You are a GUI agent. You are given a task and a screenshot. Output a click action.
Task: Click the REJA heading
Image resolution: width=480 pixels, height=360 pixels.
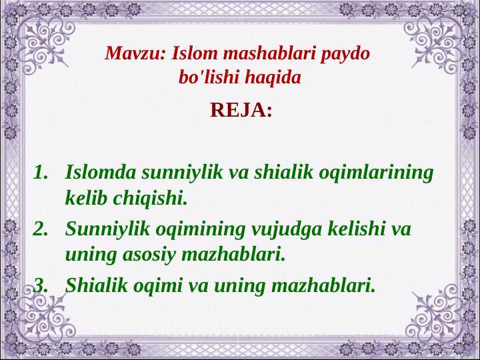[x=241, y=110]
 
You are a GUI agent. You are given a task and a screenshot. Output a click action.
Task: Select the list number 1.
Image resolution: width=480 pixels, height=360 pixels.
[x=41, y=172]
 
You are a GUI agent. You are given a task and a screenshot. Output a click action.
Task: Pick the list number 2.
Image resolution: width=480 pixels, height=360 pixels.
[x=41, y=229]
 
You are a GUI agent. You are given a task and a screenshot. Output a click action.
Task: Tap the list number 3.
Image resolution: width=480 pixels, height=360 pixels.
[x=41, y=285]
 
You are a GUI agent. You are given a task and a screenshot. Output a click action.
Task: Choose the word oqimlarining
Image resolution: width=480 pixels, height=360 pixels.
[x=376, y=173]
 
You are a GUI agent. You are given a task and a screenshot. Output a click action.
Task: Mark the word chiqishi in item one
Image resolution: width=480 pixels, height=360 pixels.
[x=150, y=199]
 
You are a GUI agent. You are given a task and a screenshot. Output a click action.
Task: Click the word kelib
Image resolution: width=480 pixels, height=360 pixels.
[x=87, y=197]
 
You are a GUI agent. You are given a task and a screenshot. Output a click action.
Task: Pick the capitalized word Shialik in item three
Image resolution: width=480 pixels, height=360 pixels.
[x=97, y=285]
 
